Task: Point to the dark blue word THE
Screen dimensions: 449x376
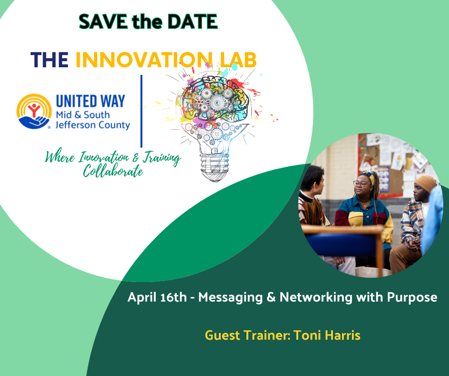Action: point(50,60)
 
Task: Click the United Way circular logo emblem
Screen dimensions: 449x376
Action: point(34,111)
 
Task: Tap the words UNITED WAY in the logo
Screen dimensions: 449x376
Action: point(90,101)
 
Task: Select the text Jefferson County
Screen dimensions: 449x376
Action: point(93,125)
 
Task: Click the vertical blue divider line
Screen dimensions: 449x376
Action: point(141,111)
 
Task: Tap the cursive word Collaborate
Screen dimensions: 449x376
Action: point(113,171)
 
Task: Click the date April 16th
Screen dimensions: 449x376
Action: point(157,297)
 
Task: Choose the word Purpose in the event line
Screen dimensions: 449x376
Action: point(412,298)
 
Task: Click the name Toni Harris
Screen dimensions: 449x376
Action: point(327,335)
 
